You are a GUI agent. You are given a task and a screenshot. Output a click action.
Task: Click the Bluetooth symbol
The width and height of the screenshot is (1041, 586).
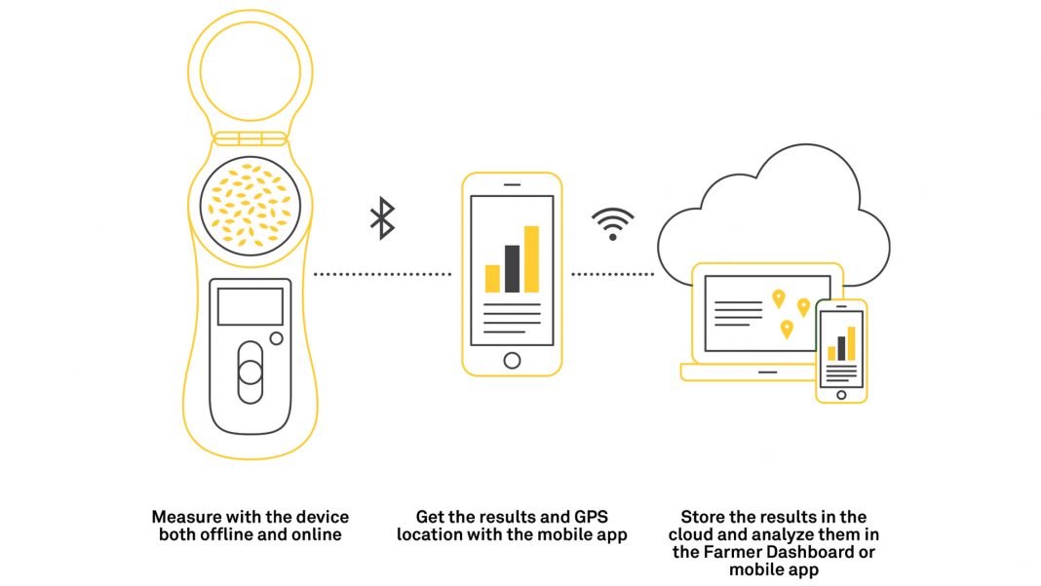382,218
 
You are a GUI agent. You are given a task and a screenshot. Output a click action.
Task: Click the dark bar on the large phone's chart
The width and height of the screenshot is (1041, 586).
512,268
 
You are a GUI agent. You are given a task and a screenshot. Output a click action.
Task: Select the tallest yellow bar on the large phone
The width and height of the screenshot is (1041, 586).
531,259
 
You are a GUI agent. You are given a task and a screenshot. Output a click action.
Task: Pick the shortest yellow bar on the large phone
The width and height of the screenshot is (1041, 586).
492,279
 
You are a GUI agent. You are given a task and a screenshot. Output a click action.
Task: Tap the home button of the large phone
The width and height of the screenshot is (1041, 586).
512,361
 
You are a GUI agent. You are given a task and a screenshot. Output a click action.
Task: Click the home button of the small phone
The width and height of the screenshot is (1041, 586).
841,395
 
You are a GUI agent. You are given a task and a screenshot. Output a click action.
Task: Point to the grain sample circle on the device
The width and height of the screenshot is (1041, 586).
251,206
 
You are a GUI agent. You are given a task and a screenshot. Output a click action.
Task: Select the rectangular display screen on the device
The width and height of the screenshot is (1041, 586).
251,306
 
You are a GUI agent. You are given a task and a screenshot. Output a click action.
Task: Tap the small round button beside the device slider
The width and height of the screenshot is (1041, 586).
276,339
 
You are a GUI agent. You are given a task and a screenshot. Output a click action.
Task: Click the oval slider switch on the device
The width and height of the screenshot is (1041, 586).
251,372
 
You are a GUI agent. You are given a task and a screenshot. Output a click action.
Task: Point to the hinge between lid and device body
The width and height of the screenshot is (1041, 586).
251,138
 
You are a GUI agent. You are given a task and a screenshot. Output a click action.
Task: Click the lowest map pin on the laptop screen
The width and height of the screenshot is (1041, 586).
787,329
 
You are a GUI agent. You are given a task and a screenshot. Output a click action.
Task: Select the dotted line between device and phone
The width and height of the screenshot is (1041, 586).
382,274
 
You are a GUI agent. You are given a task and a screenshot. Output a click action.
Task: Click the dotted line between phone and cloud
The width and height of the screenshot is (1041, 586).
613,274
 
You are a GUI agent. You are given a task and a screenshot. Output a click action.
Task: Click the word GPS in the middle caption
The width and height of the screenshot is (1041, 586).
591,517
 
